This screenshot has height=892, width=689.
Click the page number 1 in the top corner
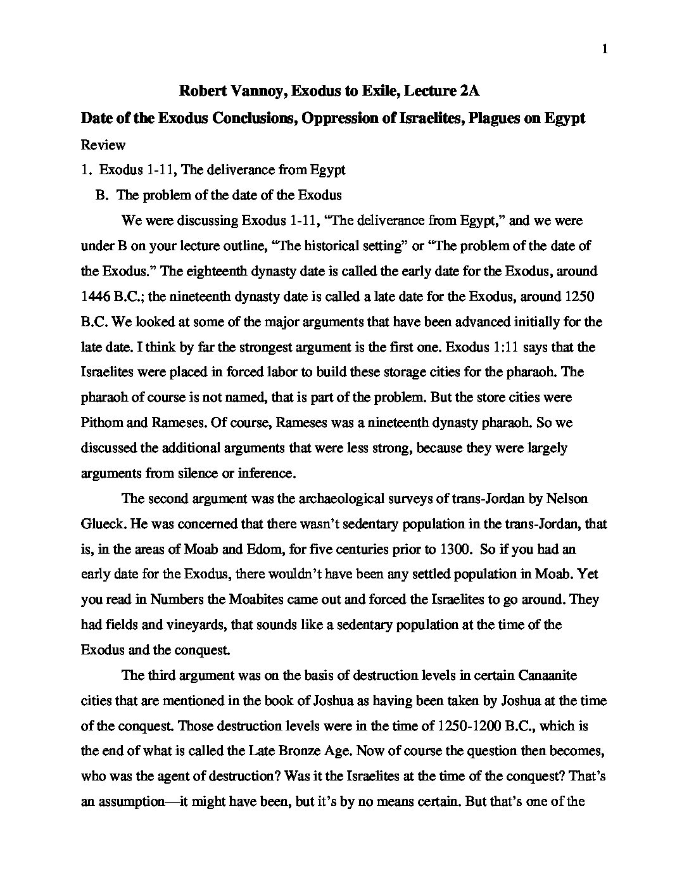[x=605, y=50]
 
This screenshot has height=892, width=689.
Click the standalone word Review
[x=103, y=144]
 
